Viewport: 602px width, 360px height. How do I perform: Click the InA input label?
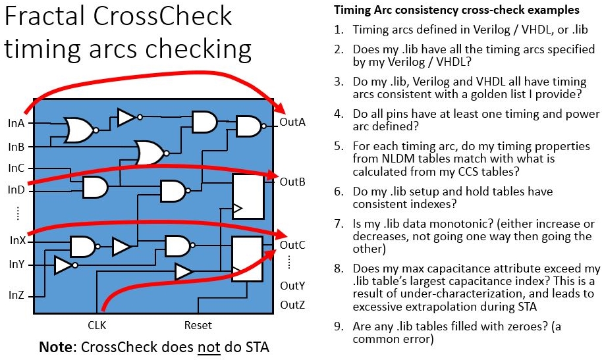click(x=16, y=123)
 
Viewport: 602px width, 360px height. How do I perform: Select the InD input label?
click(x=16, y=190)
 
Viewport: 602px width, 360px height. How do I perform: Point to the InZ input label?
click(x=16, y=295)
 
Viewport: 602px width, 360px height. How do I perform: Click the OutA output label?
click(x=292, y=122)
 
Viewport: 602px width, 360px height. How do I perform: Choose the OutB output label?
click(x=292, y=181)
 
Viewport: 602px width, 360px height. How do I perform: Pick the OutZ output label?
click(x=292, y=305)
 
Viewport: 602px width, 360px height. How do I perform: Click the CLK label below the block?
click(x=97, y=325)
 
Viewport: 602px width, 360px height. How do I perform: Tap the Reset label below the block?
click(x=198, y=325)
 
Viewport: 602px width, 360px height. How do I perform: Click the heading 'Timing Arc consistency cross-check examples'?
click(x=456, y=11)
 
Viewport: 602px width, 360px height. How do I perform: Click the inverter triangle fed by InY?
click(x=64, y=265)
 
